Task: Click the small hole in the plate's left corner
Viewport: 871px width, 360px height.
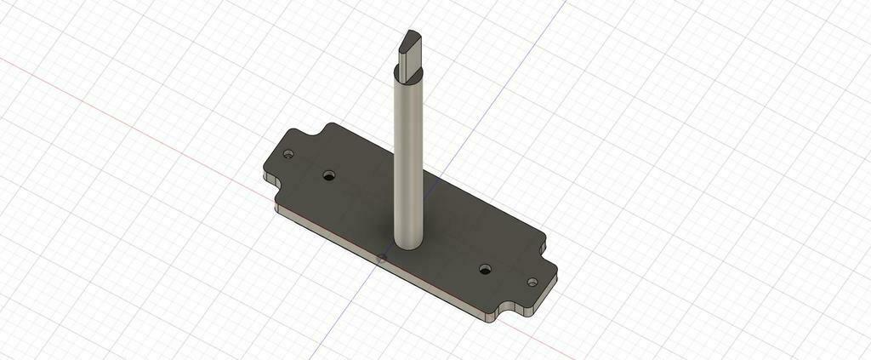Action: point(288,156)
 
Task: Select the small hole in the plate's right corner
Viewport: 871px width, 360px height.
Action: point(532,282)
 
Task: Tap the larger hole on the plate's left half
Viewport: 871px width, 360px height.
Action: point(329,176)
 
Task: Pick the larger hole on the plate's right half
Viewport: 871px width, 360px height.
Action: point(485,269)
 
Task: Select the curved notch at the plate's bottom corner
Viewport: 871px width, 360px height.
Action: point(511,309)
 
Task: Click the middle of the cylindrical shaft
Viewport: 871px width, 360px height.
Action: point(408,162)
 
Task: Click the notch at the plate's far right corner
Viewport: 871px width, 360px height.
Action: point(545,243)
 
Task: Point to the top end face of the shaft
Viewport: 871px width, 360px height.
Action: point(410,37)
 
